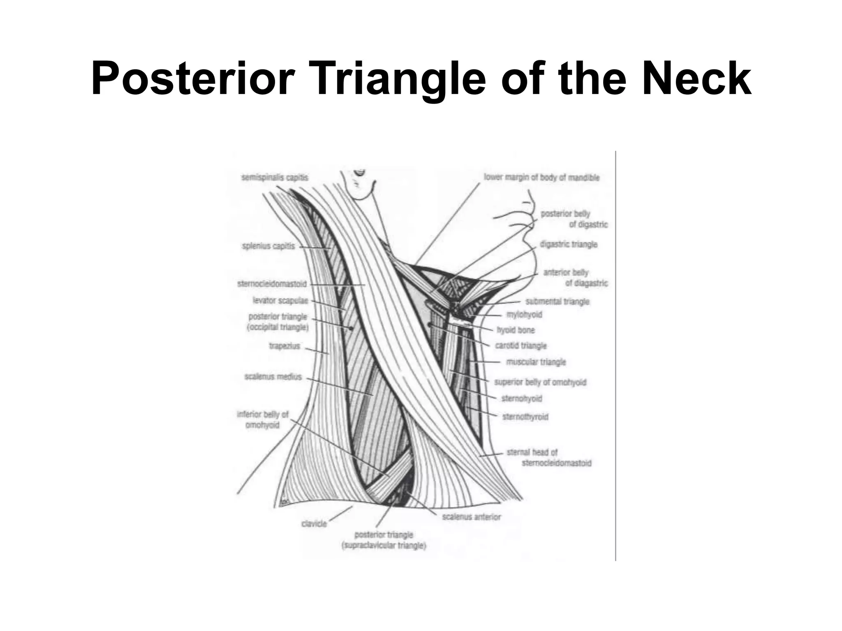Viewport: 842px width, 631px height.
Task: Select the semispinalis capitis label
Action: [x=275, y=177]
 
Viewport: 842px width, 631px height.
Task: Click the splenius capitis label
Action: [x=268, y=246]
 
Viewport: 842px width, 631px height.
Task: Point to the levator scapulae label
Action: [x=280, y=301]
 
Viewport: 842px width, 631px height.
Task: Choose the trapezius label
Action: [x=285, y=346]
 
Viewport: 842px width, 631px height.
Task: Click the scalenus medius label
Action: [x=273, y=376]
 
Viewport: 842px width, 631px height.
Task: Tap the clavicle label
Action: [x=314, y=524]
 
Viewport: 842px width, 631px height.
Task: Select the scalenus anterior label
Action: [x=472, y=517]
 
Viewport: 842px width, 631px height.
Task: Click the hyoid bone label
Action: [x=516, y=330]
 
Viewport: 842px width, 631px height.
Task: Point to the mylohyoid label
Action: [x=524, y=315]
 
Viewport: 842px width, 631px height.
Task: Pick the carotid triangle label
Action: [x=521, y=345]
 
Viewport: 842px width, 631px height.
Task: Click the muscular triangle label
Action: [x=536, y=362]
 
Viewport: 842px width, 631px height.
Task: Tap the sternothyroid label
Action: [x=525, y=417]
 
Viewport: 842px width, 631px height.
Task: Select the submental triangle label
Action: [x=557, y=302]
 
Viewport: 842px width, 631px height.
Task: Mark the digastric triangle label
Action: [x=569, y=244]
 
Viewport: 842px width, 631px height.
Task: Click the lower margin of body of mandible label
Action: [x=541, y=177]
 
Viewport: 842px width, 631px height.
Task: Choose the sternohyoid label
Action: [x=522, y=398]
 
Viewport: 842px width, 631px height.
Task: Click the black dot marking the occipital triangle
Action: [x=351, y=328]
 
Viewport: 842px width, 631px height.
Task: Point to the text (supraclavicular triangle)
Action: [x=384, y=546]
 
